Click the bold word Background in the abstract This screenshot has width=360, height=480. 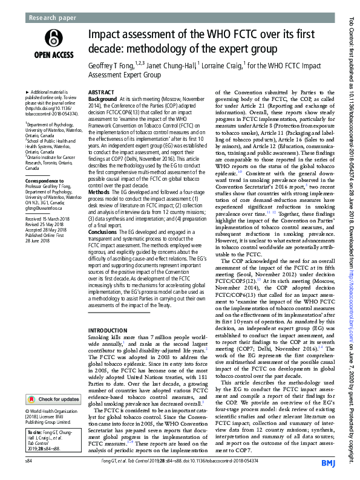[x=103, y=98]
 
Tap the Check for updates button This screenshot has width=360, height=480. [x=53, y=400]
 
